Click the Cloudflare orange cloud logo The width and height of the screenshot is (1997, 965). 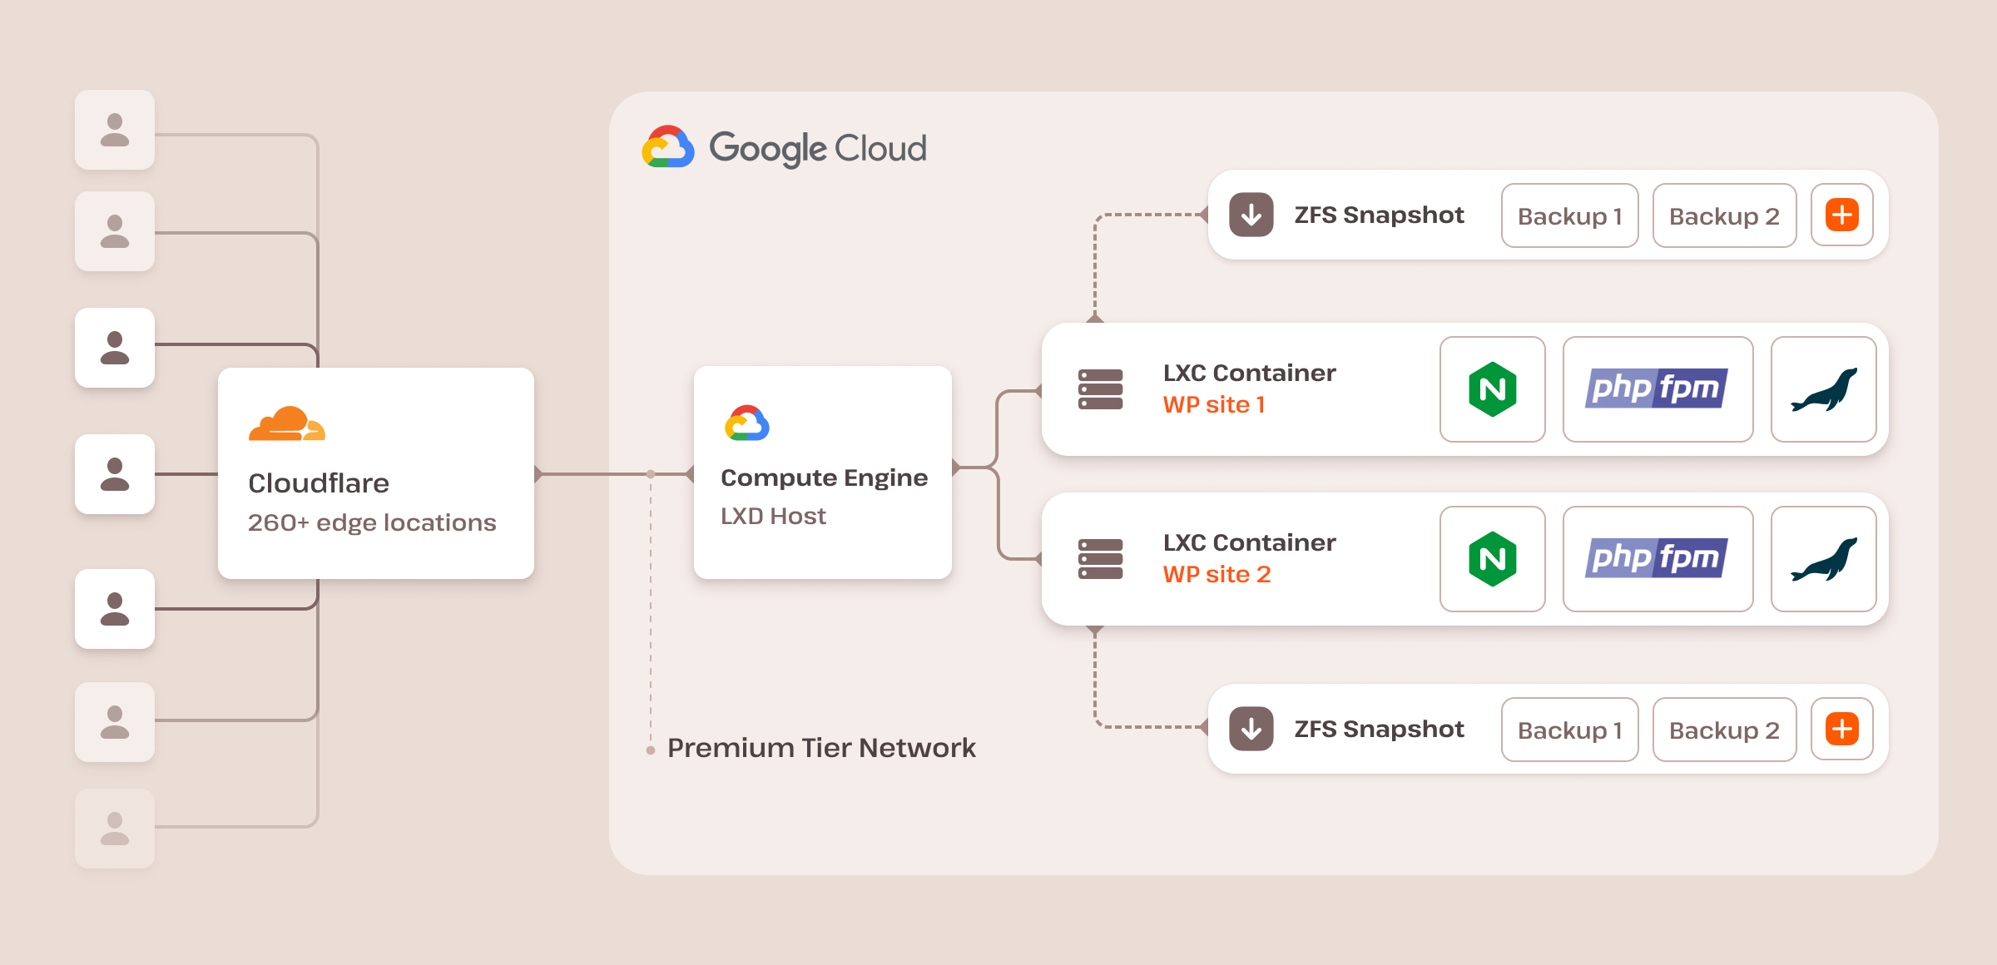[x=286, y=423]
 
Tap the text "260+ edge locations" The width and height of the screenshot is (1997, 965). [x=372, y=522]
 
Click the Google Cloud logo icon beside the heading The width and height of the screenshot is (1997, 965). [x=668, y=147]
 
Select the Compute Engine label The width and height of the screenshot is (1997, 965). [x=824, y=478]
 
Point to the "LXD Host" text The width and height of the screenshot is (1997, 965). [x=773, y=516]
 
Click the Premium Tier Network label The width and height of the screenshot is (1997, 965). [x=821, y=748]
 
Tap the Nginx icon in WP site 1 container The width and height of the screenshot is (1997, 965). [x=1492, y=389]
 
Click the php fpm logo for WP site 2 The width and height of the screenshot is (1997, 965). [x=1657, y=559]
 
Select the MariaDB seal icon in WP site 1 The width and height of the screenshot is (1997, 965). [x=1823, y=389]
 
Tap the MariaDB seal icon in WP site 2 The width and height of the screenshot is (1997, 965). [x=1823, y=559]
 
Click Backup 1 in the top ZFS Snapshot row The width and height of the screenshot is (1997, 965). [x=1569, y=216]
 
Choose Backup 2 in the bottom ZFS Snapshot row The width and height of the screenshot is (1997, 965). [x=1724, y=730]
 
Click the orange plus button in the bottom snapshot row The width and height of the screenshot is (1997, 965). [x=1842, y=729]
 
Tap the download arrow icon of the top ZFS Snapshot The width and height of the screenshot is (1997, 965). [x=1251, y=215]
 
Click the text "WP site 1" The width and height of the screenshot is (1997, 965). [x=1214, y=405]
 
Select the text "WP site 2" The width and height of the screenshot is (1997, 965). [x=1217, y=575]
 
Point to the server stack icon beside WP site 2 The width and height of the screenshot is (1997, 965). [x=1100, y=559]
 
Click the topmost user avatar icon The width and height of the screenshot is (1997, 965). [x=115, y=130]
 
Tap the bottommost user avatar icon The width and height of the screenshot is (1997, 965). [x=115, y=829]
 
